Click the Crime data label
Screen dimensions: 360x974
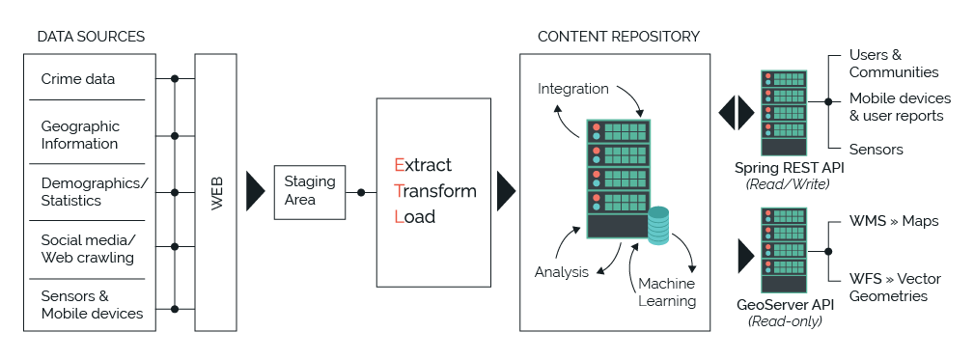pos(77,79)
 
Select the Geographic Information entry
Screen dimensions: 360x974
pos(80,135)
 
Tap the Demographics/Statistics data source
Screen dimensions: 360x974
pos(95,192)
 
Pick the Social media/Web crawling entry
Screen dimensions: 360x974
pos(88,249)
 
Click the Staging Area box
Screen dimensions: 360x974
pos(310,190)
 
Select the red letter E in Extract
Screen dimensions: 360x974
pos(399,165)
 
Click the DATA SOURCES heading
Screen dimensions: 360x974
pos(91,37)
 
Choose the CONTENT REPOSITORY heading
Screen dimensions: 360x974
pos(619,37)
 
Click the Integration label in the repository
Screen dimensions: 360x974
pos(573,89)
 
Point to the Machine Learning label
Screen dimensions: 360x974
pos(667,292)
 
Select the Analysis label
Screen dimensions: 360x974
pos(562,271)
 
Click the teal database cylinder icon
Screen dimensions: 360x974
pos(658,225)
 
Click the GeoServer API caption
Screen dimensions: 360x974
pos(783,305)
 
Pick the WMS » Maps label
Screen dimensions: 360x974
pos(894,221)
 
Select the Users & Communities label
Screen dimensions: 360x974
pos(894,64)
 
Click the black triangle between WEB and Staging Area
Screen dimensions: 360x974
pos(254,190)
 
